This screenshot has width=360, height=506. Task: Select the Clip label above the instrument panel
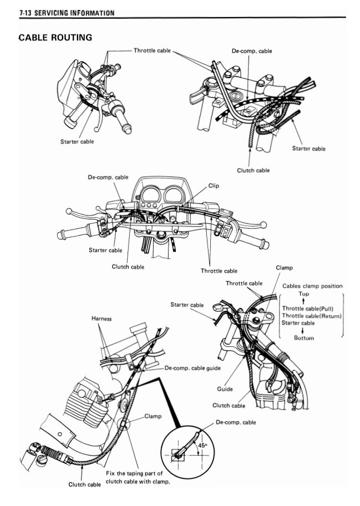click(213, 186)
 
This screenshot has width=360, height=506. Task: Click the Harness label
click(102, 319)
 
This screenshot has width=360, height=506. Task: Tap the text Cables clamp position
click(312, 286)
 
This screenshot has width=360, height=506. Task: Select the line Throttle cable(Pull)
click(307, 308)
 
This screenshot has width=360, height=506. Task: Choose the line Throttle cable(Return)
click(311, 315)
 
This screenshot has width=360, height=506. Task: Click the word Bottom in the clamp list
click(303, 338)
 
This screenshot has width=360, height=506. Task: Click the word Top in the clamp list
click(303, 294)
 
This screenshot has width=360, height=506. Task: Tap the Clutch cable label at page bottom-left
click(84, 484)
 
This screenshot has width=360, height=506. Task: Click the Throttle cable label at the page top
click(152, 50)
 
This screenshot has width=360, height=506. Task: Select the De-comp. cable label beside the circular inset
click(235, 422)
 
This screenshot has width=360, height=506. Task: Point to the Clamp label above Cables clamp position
click(284, 268)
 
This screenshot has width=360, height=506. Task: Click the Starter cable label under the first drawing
click(77, 141)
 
